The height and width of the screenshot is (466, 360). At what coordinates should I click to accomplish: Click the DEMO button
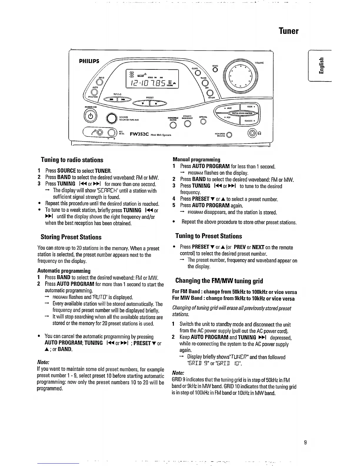tap(216, 69)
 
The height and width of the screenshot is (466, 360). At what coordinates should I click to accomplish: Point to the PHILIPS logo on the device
tap(89, 61)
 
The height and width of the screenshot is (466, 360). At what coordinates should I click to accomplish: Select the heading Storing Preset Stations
tap(71, 237)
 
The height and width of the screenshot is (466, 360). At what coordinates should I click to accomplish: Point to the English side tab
tap(323, 67)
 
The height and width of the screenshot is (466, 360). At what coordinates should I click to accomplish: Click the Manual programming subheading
tap(196, 159)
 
